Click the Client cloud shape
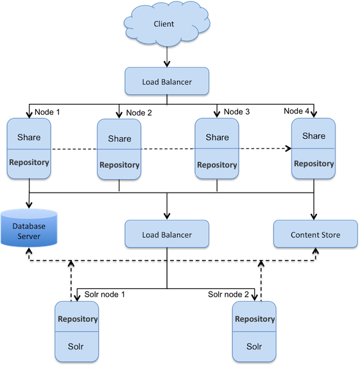(x=164, y=24)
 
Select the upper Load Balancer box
(x=167, y=82)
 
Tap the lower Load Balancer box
(x=167, y=234)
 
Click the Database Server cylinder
(x=29, y=228)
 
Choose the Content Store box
(x=315, y=234)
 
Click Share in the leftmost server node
(x=29, y=137)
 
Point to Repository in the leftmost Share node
(x=29, y=162)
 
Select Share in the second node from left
(x=119, y=138)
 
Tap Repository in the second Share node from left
(x=119, y=165)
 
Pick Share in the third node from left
(x=217, y=137)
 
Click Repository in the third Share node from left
(x=217, y=165)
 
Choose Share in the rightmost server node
(x=314, y=135)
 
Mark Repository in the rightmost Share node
(x=314, y=164)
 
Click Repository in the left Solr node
(x=78, y=319)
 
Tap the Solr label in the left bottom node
(x=76, y=347)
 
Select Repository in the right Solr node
(x=255, y=319)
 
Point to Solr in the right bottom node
(x=255, y=347)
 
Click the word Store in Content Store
(x=329, y=234)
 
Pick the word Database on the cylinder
(x=30, y=225)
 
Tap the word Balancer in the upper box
(x=177, y=82)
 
